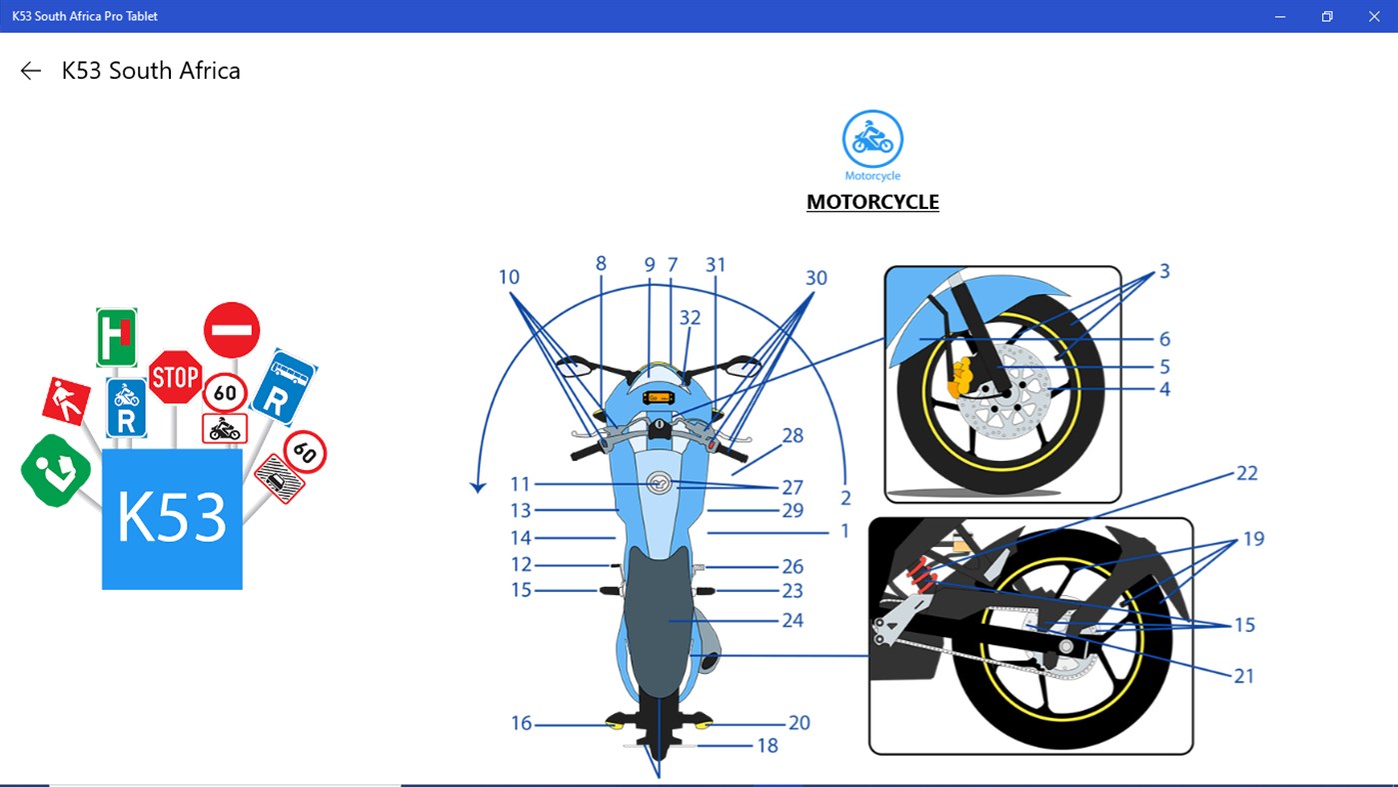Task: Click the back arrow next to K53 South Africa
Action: (31, 71)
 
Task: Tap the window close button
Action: (1374, 16)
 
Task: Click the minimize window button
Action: (1280, 16)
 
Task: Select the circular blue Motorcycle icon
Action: (872, 139)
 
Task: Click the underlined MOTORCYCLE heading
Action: (872, 202)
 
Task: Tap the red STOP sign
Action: (175, 377)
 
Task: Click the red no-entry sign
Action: (232, 330)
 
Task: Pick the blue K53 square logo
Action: (172, 519)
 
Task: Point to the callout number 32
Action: (690, 318)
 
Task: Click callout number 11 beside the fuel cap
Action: (520, 484)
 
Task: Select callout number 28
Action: (792, 435)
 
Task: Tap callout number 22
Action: (1247, 473)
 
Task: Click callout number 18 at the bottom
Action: (767, 745)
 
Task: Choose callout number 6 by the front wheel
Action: (1164, 339)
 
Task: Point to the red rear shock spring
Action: (922, 575)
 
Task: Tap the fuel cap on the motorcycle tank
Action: (659, 483)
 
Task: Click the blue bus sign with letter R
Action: (284, 387)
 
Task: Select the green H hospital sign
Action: (117, 337)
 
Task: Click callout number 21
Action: (1244, 676)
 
